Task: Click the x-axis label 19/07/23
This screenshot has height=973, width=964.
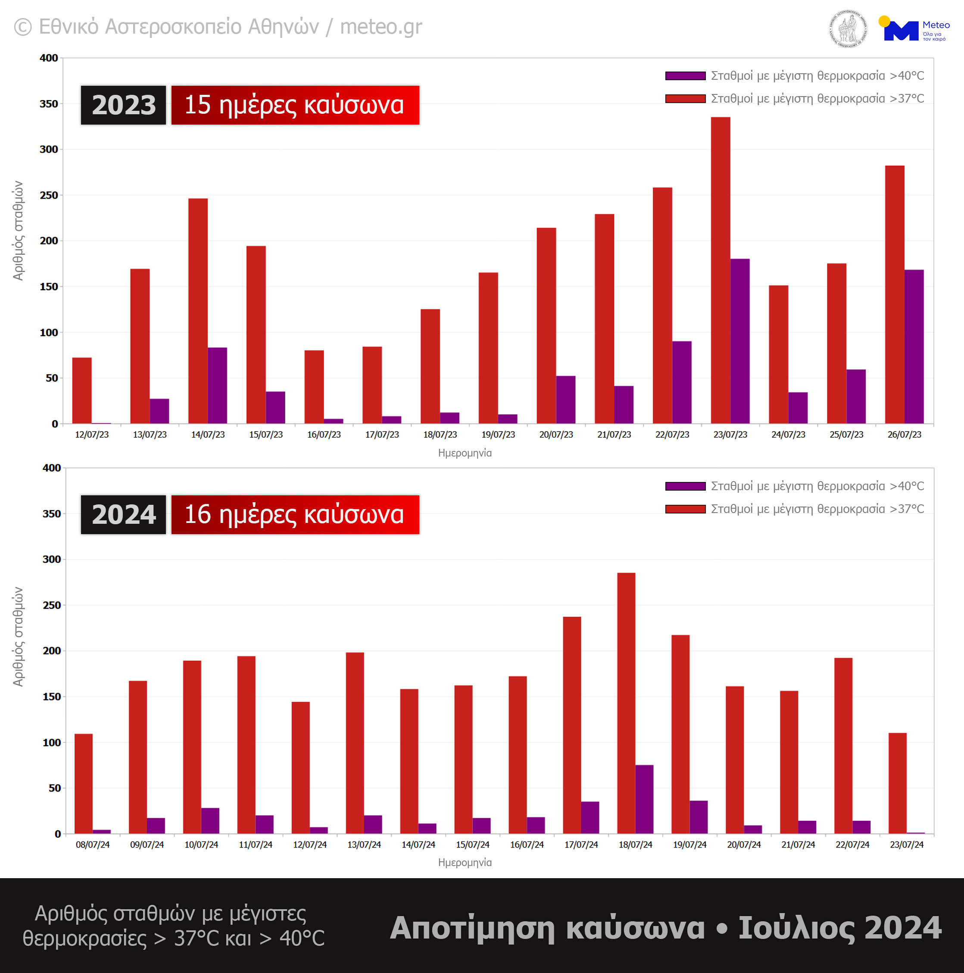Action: (x=498, y=435)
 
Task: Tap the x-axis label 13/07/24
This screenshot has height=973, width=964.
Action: (x=364, y=845)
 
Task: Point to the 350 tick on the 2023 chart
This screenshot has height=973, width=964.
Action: (x=49, y=104)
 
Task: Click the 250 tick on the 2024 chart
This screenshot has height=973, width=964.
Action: (x=51, y=605)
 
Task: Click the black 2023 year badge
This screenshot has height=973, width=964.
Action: (x=123, y=105)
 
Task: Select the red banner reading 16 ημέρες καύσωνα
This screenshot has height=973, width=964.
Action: (x=295, y=514)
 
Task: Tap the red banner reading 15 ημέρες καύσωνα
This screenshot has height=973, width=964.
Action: (x=295, y=105)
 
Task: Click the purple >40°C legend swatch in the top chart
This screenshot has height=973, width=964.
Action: (x=685, y=76)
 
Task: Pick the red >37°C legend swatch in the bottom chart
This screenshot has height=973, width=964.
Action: (x=685, y=509)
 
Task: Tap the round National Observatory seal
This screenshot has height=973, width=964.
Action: (x=848, y=29)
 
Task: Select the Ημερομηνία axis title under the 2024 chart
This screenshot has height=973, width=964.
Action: (x=465, y=863)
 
